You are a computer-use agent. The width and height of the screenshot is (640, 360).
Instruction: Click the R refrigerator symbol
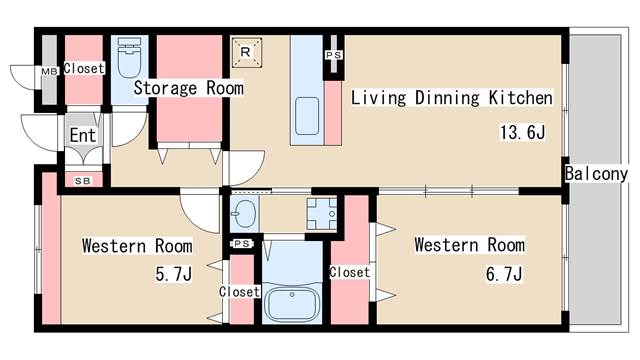click(247, 52)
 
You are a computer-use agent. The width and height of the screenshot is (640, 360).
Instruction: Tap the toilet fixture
click(129, 58)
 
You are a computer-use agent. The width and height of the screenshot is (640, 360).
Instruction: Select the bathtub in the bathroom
click(291, 304)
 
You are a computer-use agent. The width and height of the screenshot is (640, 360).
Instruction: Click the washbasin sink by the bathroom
click(244, 213)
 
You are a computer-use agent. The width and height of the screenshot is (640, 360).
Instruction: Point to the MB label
click(49, 71)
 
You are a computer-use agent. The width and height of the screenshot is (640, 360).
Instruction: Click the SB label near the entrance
click(83, 180)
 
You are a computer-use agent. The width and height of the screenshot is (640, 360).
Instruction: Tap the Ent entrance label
click(83, 135)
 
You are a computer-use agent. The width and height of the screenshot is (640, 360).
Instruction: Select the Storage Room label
click(189, 88)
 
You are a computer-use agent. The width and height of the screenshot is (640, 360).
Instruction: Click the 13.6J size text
click(522, 132)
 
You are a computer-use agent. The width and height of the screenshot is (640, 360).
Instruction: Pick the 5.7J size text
click(173, 274)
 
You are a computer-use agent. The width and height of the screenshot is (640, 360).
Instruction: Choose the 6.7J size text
click(504, 273)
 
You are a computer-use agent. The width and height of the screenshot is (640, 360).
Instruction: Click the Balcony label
click(596, 174)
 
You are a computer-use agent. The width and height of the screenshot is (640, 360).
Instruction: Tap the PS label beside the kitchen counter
click(333, 55)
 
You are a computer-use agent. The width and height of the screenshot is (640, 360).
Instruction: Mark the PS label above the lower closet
click(242, 244)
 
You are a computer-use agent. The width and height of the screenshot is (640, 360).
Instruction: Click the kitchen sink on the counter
click(307, 116)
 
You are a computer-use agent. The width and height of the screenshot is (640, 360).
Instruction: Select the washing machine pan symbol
click(322, 213)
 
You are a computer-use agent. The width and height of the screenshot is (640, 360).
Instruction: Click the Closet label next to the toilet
click(84, 68)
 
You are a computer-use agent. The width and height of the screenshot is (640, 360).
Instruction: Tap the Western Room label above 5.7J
click(137, 246)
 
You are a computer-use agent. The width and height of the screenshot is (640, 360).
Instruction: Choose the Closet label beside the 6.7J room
click(350, 272)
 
